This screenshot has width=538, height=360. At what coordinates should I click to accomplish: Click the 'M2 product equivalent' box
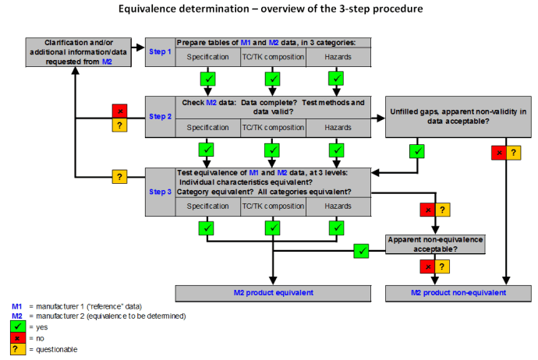pyautogui.click(x=273, y=292)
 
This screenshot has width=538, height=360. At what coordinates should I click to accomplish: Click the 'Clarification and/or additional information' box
pyautogui.click(x=74, y=50)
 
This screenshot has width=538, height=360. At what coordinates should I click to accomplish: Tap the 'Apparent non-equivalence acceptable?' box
pyautogui.click(x=436, y=244)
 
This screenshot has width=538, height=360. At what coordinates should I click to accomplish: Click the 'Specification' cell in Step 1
pyautogui.click(x=207, y=57)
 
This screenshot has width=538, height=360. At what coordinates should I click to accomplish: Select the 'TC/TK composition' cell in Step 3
pyautogui.click(x=272, y=206)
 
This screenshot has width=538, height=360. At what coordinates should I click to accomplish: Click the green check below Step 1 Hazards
pyautogui.click(x=337, y=79)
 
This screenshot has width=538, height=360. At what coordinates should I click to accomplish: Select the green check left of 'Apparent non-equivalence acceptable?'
pyautogui.click(x=360, y=251)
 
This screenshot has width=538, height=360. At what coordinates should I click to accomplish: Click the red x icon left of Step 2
pyautogui.click(x=119, y=111)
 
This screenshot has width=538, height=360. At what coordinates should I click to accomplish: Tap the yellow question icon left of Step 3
pyautogui.click(x=119, y=177)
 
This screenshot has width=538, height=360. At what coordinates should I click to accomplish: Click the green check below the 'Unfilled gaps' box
pyautogui.click(x=418, y=151)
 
